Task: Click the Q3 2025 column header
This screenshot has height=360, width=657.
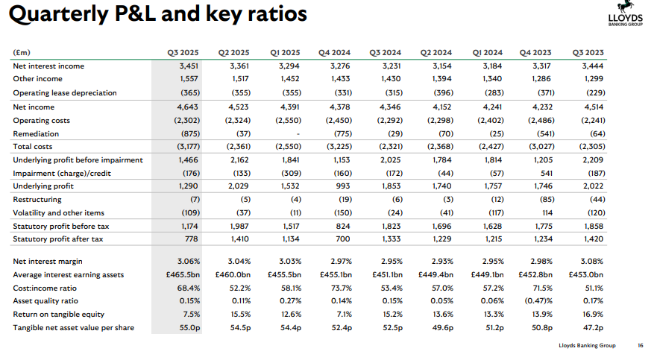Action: coord(182,52)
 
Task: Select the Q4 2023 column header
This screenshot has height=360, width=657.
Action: coord(535,52)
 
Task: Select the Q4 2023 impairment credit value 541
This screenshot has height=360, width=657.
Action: coord(544,173)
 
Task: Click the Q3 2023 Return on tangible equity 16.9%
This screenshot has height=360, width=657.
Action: coord(593,315)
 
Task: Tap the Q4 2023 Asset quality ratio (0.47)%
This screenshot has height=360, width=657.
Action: coord(538,301)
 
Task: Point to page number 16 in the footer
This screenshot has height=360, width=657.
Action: coord(640,345)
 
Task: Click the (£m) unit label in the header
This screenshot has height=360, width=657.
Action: coord(23,52)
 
